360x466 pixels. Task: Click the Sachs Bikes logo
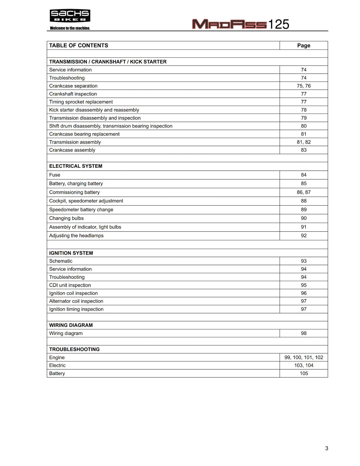(70, 16)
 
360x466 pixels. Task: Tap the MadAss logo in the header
(229, 24)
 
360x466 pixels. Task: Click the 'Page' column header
(303, 45)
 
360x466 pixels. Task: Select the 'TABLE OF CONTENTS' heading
(79, 45)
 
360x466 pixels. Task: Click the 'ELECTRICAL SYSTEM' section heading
(76, 166)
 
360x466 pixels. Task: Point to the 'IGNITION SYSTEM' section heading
(71, 253)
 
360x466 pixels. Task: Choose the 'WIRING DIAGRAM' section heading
(71, 325)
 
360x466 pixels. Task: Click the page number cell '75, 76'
(303, 86)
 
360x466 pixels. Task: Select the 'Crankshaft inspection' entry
(73, 94)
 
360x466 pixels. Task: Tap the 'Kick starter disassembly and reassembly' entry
(94, 110)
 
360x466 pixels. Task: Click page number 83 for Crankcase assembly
(303, 150)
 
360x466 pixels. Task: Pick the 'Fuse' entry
(55, 175)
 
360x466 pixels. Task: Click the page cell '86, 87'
(303, 192)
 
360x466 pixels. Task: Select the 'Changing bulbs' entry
(66, 218)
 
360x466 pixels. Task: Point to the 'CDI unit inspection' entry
(70, 285)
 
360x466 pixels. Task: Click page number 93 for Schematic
(303, 261)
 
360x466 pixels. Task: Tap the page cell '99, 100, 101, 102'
(303, 357)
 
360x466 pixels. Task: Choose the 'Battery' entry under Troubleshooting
(57, 373)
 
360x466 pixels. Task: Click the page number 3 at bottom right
(327, 448)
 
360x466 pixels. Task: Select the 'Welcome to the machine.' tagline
(70, 28)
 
